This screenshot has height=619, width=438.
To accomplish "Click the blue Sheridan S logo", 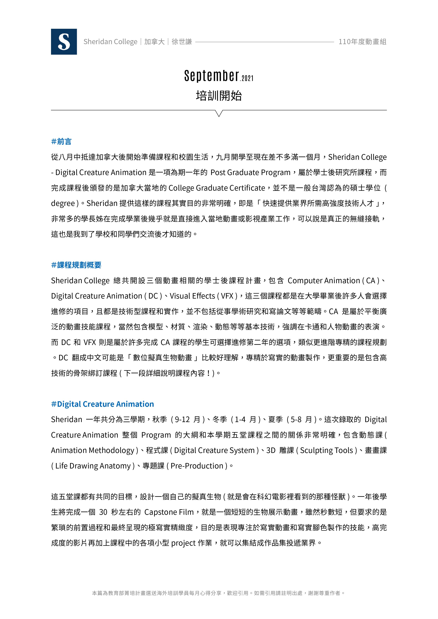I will click(x=64, y=42).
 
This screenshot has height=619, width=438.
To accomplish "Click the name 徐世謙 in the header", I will click(x=182, y=42).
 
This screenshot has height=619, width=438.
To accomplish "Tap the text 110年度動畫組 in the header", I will click(x=362, y=42).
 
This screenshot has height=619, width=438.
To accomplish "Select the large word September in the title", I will click(x=212, y=76).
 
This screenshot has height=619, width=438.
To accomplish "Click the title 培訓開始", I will click(x=219, y=96).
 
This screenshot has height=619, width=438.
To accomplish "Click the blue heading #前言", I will click(x=61, y=142).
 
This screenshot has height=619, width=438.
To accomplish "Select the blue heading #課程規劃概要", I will click(x=76, y=265).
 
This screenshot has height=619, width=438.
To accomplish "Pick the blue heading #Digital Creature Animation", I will click(x=103, y=404).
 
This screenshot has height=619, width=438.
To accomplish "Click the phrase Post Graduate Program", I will click(x=250, y=173).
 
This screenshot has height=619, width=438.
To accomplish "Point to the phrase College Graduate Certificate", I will click(x=217, y=188).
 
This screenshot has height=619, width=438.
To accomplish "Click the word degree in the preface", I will click(x=63, y=203).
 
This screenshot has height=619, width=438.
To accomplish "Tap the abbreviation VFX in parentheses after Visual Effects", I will click(x=227, y=296).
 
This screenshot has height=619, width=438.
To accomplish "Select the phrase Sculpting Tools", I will click(x=326, y=450).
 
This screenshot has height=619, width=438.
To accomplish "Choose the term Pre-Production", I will click(x=197, y=466).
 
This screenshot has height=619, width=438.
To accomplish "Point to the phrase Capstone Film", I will click(x=169, y=512).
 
